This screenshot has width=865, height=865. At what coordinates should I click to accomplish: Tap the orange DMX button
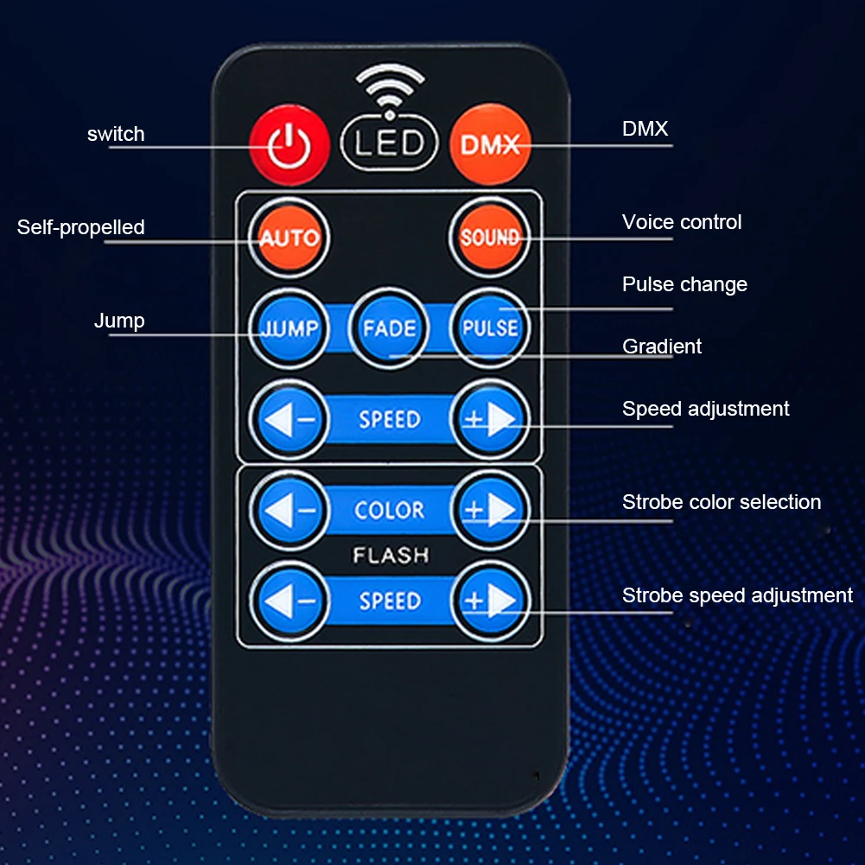click(490, 143)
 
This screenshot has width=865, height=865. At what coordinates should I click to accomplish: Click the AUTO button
click(289, 237)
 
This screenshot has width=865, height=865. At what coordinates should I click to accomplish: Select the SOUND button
click(490, 237)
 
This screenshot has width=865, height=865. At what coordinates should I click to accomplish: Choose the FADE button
click(389, 328)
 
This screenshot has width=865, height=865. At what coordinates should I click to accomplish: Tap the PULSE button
click(490, 328)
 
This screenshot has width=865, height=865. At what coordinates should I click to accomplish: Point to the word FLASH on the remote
click(390, 555)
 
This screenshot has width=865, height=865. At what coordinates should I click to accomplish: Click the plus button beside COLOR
click(490, 510)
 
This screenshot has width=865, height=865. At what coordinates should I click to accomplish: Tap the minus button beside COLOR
click(289, 510)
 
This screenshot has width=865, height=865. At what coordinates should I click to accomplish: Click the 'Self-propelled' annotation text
click(81, 227)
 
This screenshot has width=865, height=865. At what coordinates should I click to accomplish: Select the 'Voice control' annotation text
click(682, 222)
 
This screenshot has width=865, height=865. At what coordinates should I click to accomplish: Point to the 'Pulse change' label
click(684, 284)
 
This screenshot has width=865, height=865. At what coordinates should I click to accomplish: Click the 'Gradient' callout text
click(662, 347)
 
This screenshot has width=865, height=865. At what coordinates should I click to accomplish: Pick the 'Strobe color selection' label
click(722, 502)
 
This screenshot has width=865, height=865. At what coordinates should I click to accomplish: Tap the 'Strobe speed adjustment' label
click(737, 595)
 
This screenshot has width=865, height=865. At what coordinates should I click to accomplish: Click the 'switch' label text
click(116, 134)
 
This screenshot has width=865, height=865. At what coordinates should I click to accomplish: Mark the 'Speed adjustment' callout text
click(705, 409)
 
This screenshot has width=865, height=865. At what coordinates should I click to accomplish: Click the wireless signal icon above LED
click(390, 86)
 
